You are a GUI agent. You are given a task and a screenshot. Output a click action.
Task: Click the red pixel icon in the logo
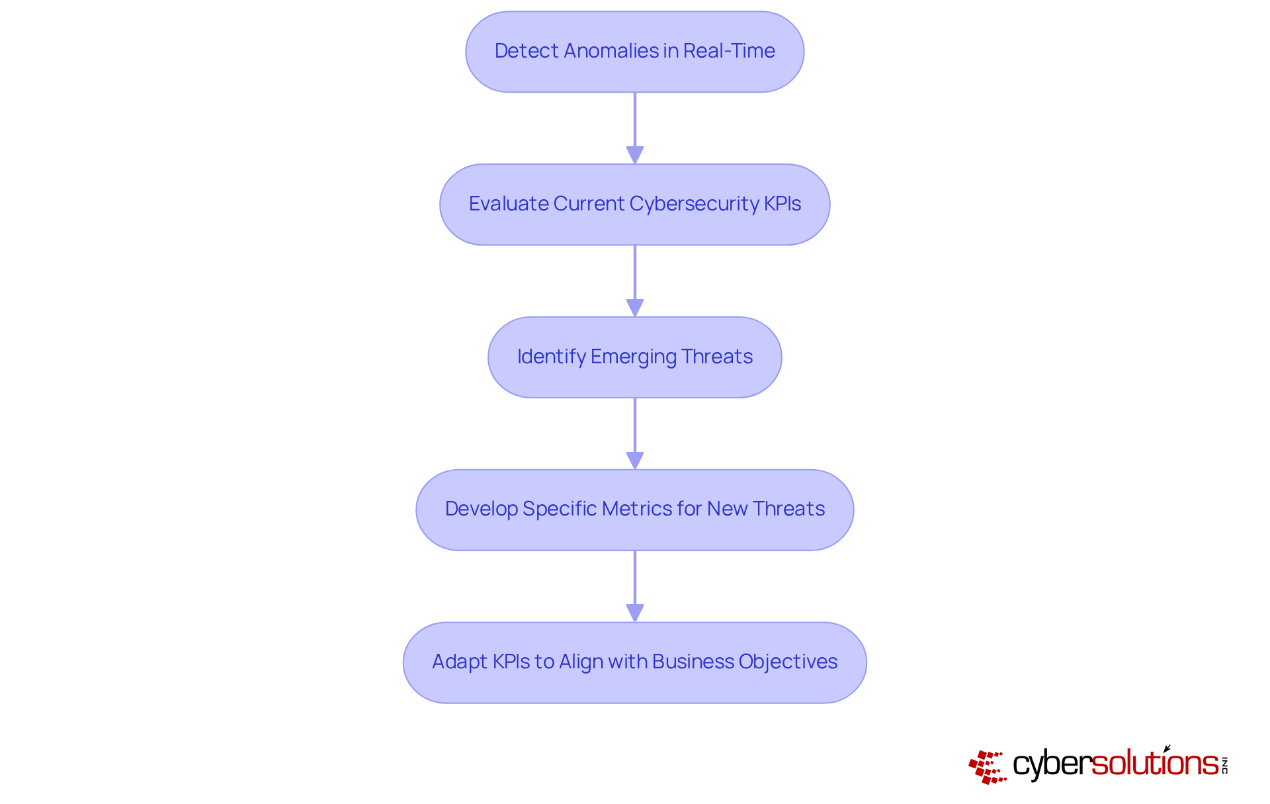coord(987,767)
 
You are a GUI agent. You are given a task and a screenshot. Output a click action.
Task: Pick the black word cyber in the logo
coord(1051,764)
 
